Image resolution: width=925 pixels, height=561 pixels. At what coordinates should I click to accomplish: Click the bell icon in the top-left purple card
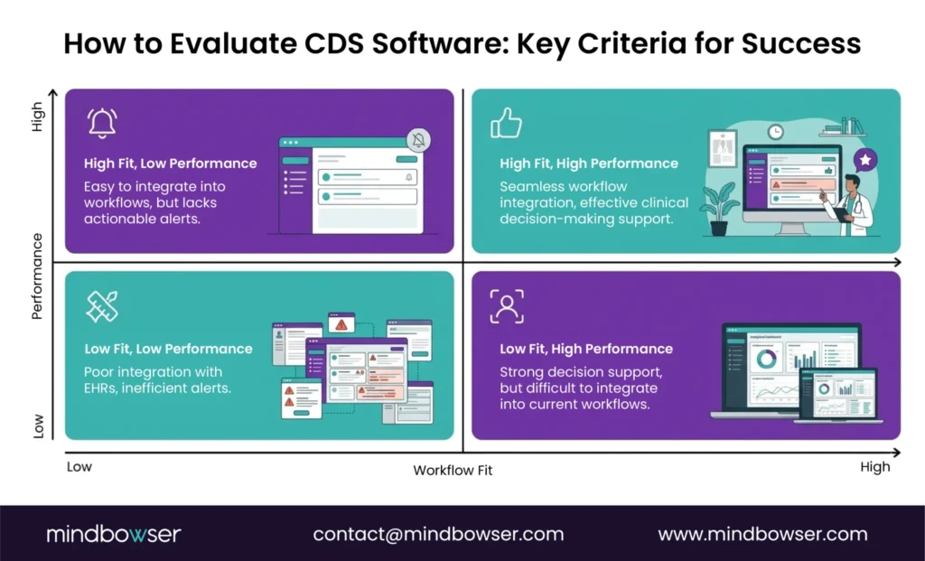[x=102, y=123]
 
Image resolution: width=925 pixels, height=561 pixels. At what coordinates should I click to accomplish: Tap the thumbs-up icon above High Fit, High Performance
[x=506, y=123]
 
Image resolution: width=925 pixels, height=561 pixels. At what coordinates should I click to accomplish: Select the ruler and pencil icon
[x=102, y=306]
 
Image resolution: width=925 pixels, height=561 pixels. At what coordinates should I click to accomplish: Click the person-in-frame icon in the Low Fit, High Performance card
[x=507, y=306]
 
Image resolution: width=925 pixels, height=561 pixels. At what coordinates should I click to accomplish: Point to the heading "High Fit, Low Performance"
[x=171, y=164]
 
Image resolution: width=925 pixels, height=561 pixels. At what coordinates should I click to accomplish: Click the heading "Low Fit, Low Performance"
[x=169, y=349]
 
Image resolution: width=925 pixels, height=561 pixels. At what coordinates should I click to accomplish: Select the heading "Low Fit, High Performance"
[x=586, y=349]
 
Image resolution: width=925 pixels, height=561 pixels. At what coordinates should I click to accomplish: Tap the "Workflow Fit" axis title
[x=453, y=470]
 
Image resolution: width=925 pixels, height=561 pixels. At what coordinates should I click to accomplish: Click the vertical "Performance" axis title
[x=37, y=276]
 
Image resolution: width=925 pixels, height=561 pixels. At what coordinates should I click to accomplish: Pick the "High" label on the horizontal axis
[x=874, y=467]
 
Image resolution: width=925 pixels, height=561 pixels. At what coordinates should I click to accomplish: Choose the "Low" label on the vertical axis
[x=38, y=425]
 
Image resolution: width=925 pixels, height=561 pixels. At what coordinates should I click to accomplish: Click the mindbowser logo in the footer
[x=114, y=534]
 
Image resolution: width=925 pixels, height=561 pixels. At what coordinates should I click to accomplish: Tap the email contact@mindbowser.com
[x=438, y=534]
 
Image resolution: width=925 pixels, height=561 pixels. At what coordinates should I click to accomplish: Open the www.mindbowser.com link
[x=762, y=534]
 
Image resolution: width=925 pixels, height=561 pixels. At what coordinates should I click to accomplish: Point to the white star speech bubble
[x=865, y=160]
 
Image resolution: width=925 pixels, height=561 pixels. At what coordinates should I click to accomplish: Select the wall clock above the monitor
[x=775, y=132]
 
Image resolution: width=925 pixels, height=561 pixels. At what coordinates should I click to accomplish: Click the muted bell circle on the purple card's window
[x=419, y=140]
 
